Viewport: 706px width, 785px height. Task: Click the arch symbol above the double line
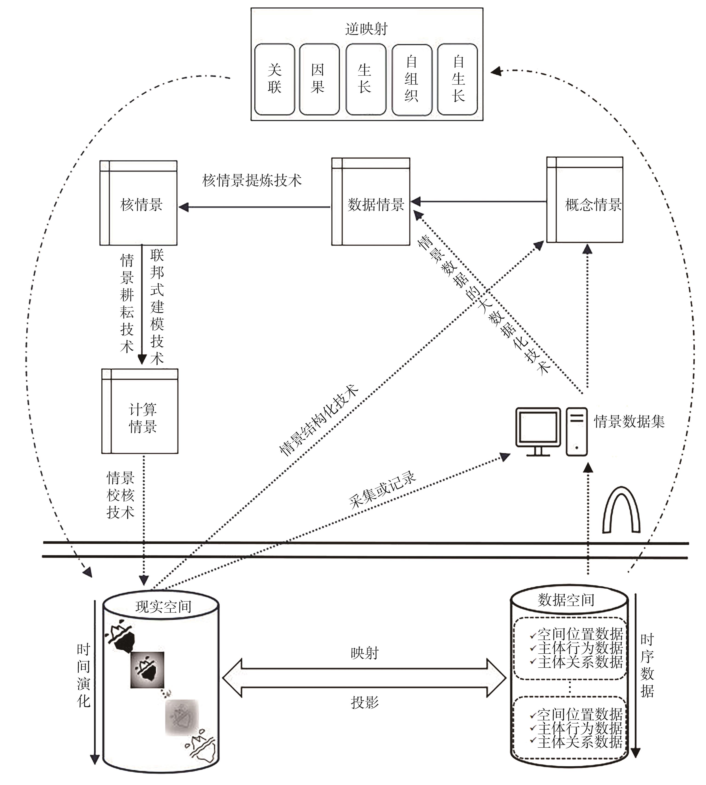621,511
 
